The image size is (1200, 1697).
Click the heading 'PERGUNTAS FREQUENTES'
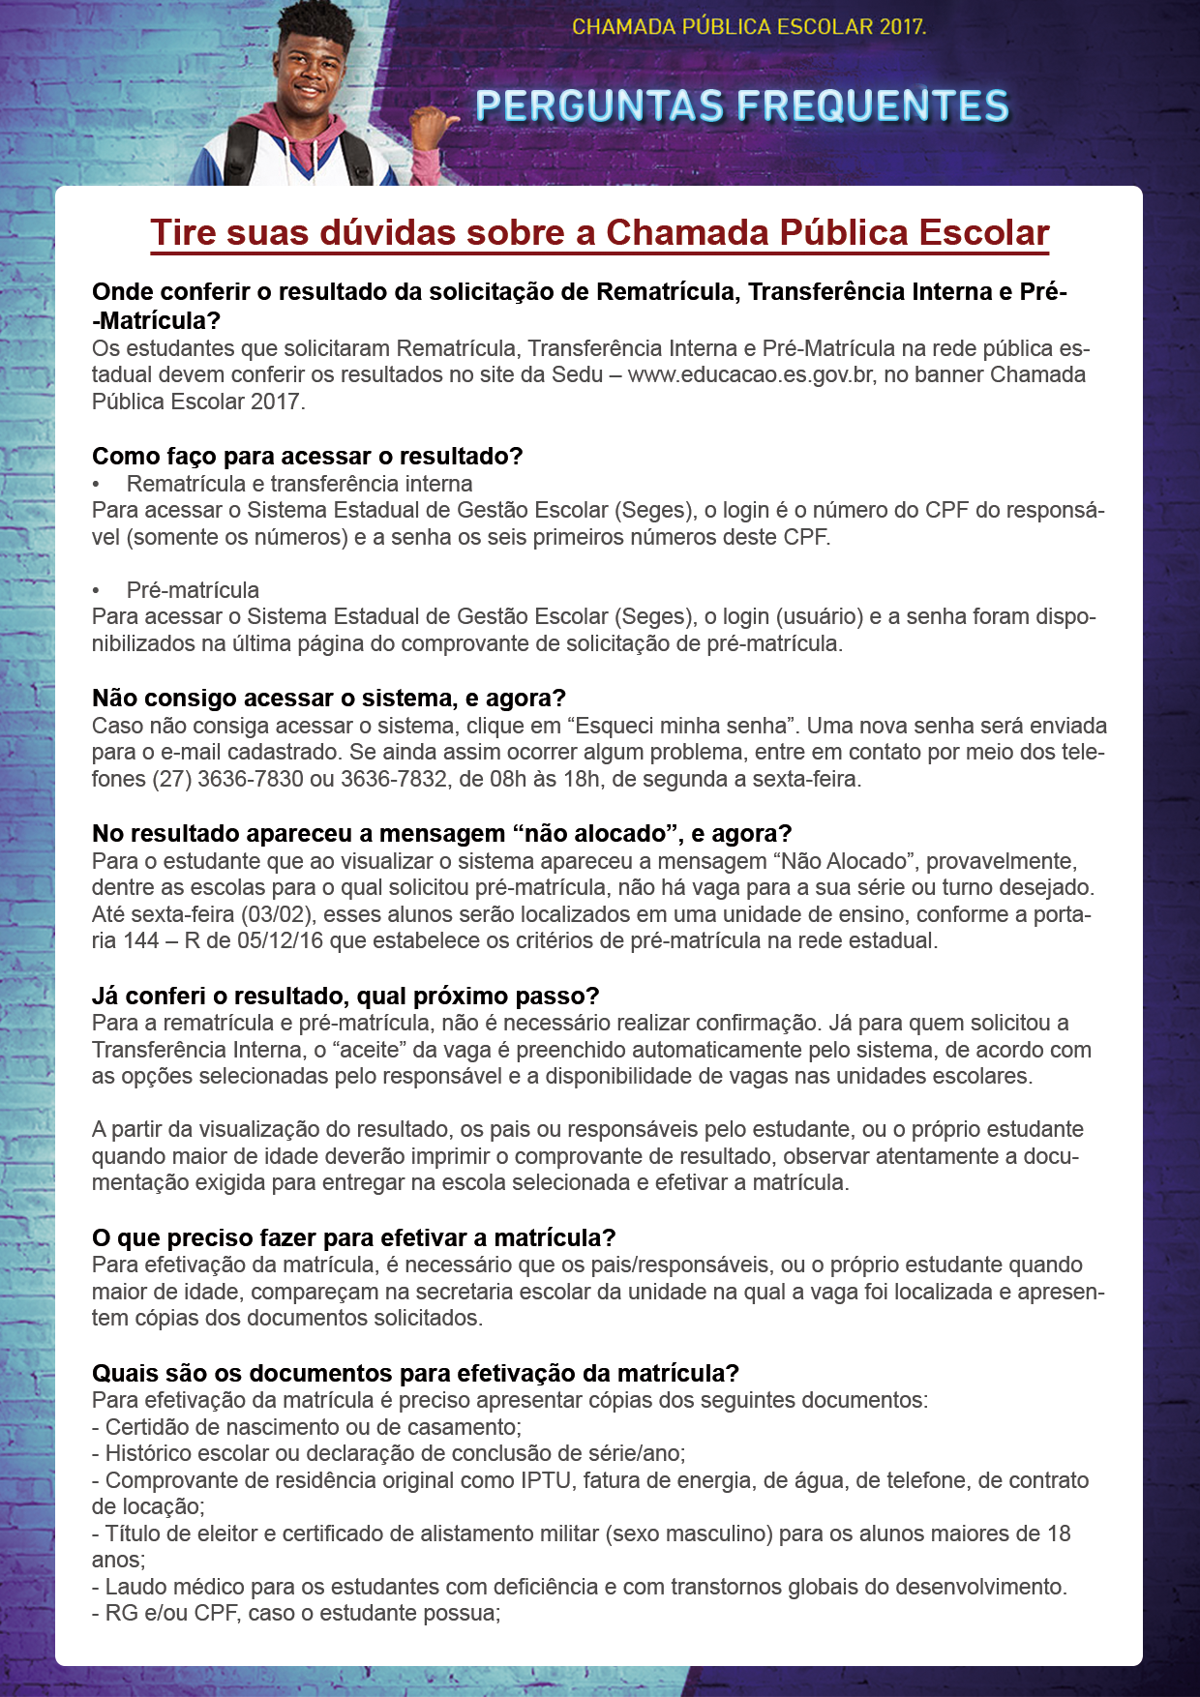coord(742,106)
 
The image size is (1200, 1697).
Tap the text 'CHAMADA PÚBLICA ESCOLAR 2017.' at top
coord(748,27)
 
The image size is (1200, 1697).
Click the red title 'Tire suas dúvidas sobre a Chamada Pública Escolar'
coord(599,233)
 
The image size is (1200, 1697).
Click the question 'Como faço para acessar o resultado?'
coord(307,456)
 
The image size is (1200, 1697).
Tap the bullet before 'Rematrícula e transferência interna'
coord(96,484)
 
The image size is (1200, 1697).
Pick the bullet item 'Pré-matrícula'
coord(193,590)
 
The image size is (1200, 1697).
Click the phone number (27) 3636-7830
coord(227,779)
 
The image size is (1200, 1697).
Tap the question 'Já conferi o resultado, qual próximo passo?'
coord(345,996)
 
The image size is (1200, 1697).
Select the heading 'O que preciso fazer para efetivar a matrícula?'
coord(353,1237)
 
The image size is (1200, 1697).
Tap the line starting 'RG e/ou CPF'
coord(296,1613)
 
